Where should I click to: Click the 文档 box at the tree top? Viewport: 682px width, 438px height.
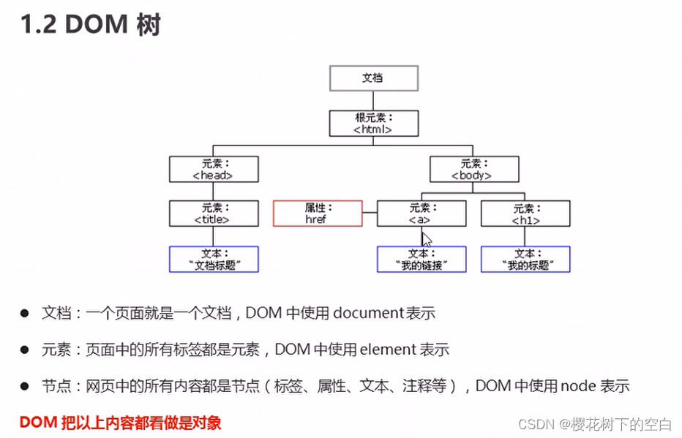(x=373, y=78)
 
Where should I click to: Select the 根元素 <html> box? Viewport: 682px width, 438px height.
(x=373, y=124)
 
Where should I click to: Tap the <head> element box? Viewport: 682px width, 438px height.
(x=213, y=169)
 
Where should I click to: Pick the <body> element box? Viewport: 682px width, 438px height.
(x=473, y=169)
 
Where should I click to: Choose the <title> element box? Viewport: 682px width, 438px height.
(x=213, y=214)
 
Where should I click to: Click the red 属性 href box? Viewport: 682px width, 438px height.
(x=318, y=214)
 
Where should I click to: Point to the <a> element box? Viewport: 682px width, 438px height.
(x=421, y=214)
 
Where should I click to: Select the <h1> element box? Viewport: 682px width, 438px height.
(x=525, y=214)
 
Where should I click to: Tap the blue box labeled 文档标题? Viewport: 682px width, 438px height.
(x=213, y=260)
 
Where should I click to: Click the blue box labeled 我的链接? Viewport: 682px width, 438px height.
(x=421, y=260)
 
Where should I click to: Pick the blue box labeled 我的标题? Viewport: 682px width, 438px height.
(x=525, y=260)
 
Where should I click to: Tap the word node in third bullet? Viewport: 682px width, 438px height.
(x=579, y=387)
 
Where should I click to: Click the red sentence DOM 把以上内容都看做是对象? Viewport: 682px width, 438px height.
(x=120, y=422)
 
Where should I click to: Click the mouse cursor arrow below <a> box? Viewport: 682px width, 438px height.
(x=427, y=239)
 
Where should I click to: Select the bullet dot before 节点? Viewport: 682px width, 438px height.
(x=24, y=387)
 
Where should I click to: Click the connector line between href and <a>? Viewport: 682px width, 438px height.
(x=370, y=214)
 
